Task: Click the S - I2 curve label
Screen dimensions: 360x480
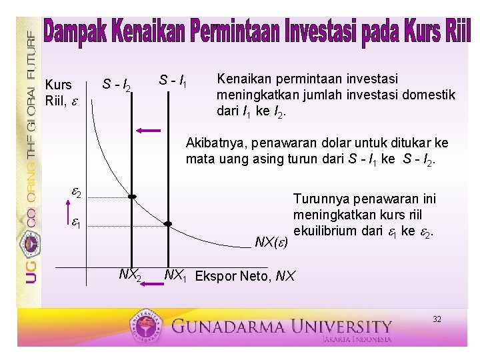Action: click(119, 85)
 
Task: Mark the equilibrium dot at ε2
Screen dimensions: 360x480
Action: click(132, 197)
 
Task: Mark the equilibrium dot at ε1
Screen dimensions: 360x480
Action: click(168, 224)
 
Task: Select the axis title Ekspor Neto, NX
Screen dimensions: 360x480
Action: click(245, 275)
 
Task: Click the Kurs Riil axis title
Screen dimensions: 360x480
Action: click(59, 93)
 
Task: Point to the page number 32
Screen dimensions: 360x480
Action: click(437, 319)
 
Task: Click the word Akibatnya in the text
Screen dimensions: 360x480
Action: click(213, 143)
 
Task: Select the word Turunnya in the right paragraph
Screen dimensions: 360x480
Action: click(315, 198)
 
